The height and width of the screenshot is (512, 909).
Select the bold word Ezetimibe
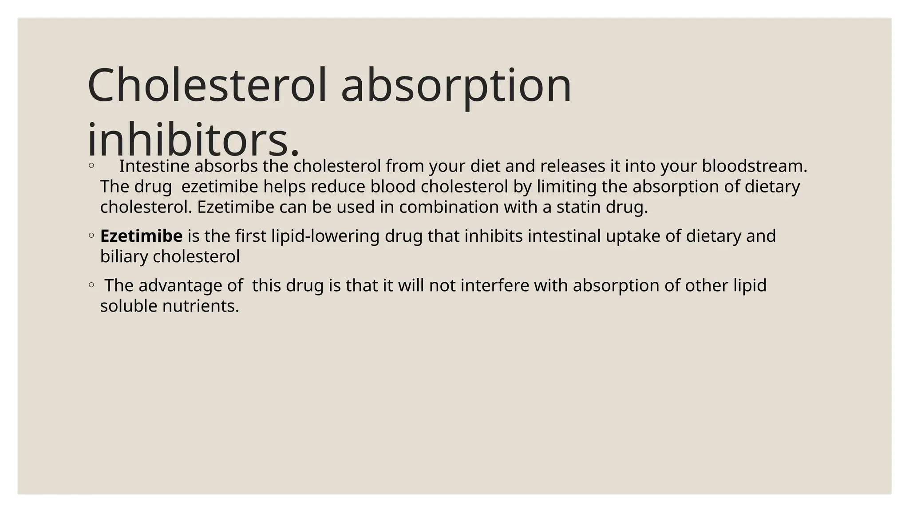click(141, 236)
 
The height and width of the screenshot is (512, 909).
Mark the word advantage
click(182, 285)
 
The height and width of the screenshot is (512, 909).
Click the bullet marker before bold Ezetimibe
click(91, 236)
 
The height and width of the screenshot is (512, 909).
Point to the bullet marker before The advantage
click(91, 285)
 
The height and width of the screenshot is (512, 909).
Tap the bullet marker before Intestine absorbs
click(91, 166)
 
